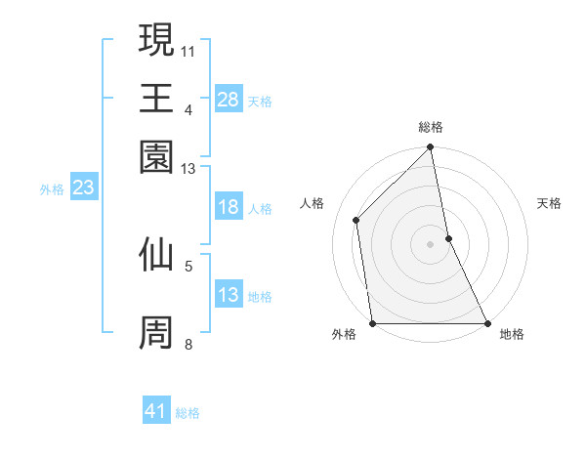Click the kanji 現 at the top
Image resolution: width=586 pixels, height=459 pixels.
(x=156, y=41)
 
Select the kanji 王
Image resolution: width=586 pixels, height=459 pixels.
(x=156, y=99)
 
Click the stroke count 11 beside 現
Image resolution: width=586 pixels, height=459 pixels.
(x=188, y=50)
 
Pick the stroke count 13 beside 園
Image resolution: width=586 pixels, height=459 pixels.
(x=188, y=169)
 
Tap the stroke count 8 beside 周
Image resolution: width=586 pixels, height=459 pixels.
(x=188, y=344)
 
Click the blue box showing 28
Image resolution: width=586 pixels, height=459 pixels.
(x=229, y=99)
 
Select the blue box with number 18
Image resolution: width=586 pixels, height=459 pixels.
(x=229, y=207)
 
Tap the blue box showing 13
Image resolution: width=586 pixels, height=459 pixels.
(x=229, y=295)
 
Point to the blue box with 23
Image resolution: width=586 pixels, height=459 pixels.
(x=83, y=188)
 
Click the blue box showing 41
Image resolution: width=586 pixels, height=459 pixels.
(x=156, y=411)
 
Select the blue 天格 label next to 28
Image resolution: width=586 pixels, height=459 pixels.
(x=260, y=101)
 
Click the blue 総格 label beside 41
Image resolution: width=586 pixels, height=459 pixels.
(x=188, y=413)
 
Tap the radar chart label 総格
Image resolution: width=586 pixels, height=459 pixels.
(x=431, y=128)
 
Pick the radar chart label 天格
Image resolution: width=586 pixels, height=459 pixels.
(x=550, y=203)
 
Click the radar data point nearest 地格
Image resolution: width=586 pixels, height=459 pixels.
(x=486, y=323)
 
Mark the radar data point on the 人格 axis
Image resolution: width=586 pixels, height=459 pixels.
(x=356, y=220)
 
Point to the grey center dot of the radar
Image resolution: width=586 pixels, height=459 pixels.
(x=431, y=244)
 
